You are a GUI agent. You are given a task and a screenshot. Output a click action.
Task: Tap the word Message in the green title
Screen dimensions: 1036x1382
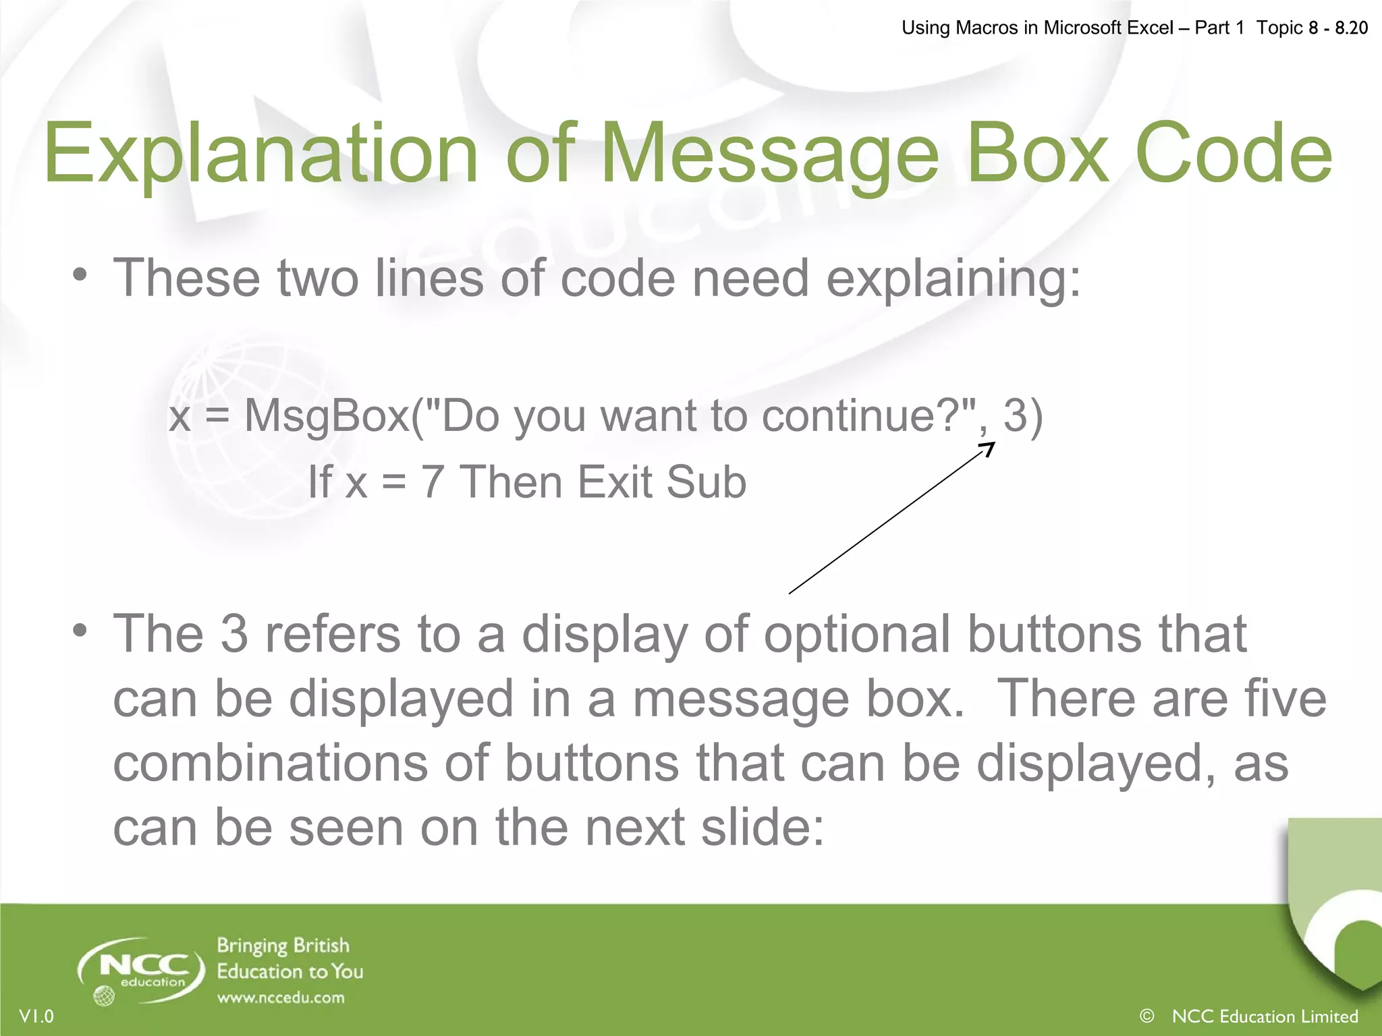(x=769, y=155)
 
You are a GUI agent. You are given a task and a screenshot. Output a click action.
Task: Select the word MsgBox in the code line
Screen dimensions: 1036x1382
(x=327, y=415)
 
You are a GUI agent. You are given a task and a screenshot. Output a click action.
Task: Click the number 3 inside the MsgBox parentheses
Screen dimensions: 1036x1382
(x=1015, y=415)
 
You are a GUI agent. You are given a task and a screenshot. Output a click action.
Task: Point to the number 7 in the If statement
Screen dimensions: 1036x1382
(x=433, y=483)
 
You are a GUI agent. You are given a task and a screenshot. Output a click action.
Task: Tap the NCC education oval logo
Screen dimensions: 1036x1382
(x=142, y=969)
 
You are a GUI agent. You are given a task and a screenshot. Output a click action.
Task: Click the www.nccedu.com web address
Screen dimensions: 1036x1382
(x=281, y=998)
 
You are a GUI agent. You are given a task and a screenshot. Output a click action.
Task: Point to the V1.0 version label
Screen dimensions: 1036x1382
(x=36, y=1016)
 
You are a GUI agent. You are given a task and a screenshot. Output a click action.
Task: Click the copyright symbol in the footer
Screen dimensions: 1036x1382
(x=1146, y=1016)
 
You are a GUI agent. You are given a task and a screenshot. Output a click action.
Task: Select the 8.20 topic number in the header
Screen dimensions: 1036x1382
(x=1351, y=28)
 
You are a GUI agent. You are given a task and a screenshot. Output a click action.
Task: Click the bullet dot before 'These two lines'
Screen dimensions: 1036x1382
(x=81, y=275)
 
